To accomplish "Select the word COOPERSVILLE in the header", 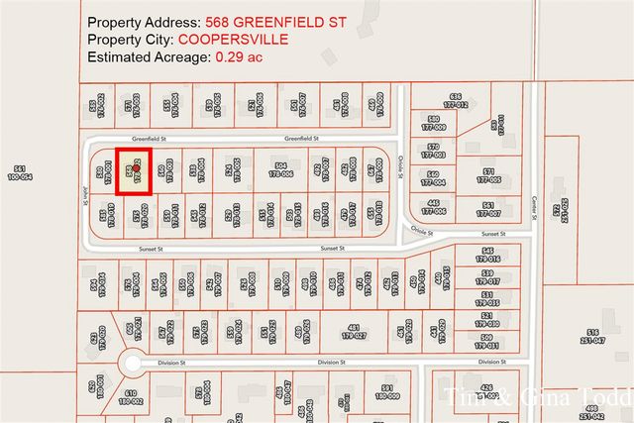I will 234,39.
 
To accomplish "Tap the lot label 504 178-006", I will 280,168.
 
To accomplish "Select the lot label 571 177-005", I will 487,175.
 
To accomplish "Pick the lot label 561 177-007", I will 487,209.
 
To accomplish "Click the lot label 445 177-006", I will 433,209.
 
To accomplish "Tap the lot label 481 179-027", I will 354,332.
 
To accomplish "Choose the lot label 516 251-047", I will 592,335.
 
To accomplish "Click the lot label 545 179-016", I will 486,255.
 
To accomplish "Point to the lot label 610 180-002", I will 130,398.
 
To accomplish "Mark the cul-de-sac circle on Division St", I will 131,364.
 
